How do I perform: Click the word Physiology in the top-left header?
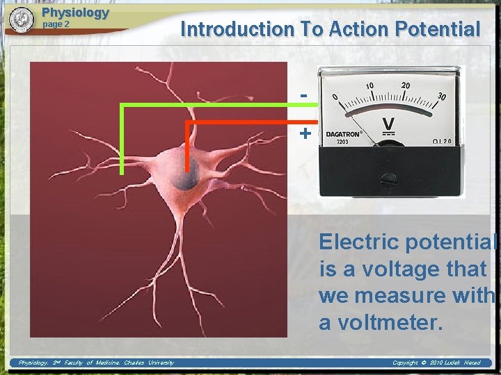click(75, 12)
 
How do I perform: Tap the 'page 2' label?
click(56, 24)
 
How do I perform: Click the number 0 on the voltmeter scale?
click(335, 97)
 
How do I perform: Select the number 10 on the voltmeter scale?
click(370, 85)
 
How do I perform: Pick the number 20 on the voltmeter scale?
click(406, 85)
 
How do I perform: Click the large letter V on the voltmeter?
click(388, 124)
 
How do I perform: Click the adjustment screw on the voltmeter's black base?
click(389, 179)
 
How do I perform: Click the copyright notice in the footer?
click(436, 362)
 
